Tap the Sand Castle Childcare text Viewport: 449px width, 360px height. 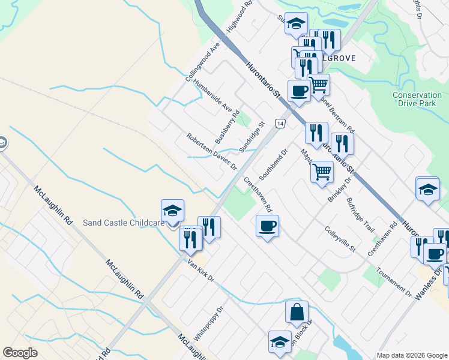pyautogui.click(x=123, y=223)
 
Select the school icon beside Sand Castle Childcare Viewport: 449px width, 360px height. pyautogui.click(x=172, y=211)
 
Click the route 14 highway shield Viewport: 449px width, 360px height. pyautogui.click(x=280, y=123)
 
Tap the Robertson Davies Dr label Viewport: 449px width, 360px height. pyautogui.click(x=212, y=151)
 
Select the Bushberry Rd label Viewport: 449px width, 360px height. pyautogui.click(x=228, y=126)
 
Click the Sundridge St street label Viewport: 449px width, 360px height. pyautogui.click(x=252, y=137)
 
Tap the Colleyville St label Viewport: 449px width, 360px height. pyautogui.click(x=340, y=239)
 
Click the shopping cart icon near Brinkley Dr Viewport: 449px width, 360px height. pyautogui.click(x=322, y=172)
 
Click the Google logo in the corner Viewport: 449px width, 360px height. pyautogui.click(x=20, y=353)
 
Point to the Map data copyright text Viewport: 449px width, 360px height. pyautogui.click(x=412, y=355)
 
